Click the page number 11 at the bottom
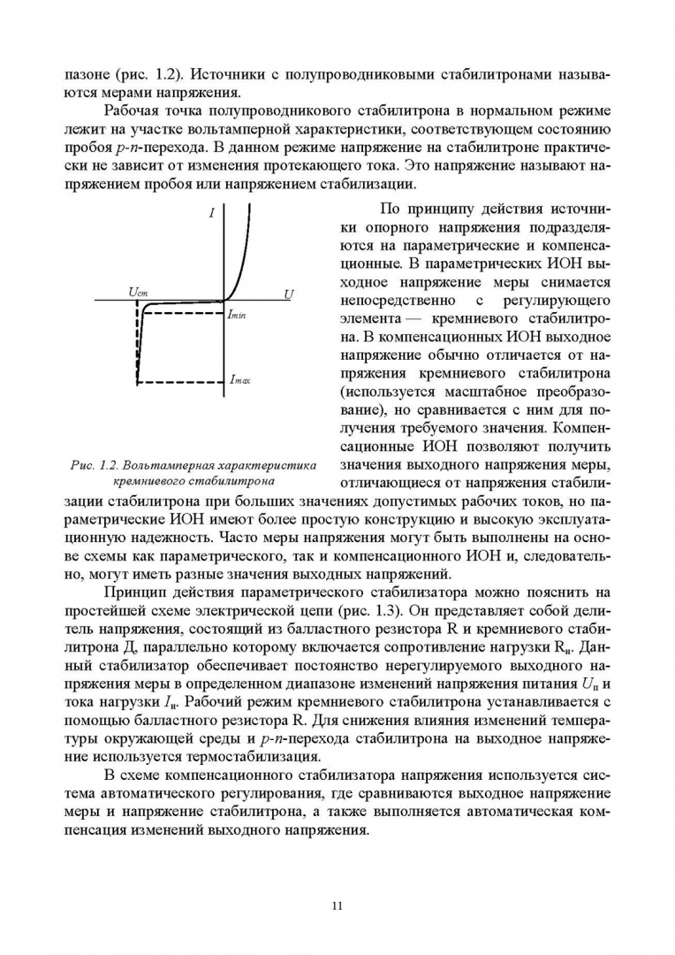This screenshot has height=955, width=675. [337, 905]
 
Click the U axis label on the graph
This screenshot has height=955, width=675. [289, 293]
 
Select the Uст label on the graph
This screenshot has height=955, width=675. [138, 292]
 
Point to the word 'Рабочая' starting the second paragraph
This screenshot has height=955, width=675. [133, 110]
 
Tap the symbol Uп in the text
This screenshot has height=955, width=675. [592, 684]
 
